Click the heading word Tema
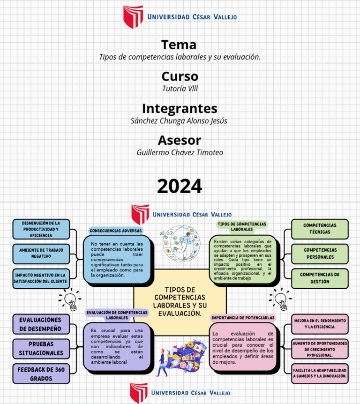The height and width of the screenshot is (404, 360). point(179,45)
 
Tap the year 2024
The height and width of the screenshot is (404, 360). point(180,186)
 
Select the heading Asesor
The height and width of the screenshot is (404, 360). point(180,140)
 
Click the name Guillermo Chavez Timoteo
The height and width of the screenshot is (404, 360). point(180,152)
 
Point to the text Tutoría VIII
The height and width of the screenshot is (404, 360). point(180,88)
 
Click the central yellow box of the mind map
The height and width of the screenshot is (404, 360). point(180,301)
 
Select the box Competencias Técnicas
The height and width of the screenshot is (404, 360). point(320,229)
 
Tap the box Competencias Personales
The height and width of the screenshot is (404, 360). point(320,254)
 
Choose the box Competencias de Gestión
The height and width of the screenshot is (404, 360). point(320,278)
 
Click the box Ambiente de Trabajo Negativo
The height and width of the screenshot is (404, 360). point(41,253)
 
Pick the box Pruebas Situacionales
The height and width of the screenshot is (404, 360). point(41,348)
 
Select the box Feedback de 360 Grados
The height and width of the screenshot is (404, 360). point(41,374)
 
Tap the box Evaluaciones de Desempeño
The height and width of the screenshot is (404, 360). point(41,324)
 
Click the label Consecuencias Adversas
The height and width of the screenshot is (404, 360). point(115,231)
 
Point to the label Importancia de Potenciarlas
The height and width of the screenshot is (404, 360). point(243,317)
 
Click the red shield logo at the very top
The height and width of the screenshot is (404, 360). point(133,16)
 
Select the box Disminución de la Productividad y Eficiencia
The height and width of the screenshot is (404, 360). point(41,229)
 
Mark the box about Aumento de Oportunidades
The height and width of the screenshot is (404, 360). point(320,349)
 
